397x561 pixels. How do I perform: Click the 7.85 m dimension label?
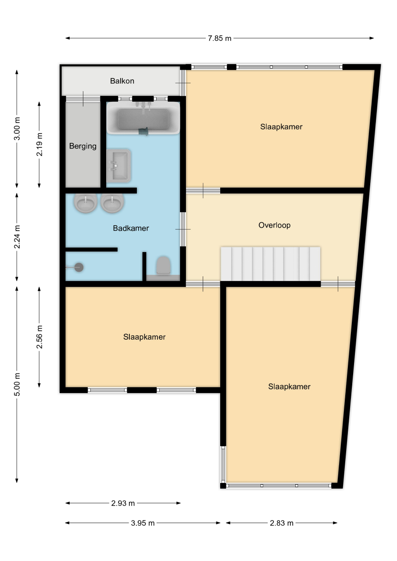click(219, 38)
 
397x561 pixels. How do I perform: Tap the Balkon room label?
click(122, 81)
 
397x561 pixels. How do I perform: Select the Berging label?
click(83, 146)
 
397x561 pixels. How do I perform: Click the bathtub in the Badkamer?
click(143, 118)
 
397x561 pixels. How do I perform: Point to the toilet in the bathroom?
click(164, 266)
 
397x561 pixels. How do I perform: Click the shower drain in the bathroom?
click(79, 267)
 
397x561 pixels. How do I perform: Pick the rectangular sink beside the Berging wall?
click(118, 166)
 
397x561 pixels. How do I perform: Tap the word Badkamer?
click(131, 228)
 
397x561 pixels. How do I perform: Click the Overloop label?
click(275, 225)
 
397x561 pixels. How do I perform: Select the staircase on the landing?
click(270, 264)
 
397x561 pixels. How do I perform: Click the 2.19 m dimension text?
click(39, 145)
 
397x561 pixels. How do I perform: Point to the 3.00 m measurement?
click(17, 128)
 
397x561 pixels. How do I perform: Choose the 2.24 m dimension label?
click(17, 237)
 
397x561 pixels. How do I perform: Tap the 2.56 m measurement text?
click(39, 337)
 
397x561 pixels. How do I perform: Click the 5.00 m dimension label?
click(17, 384)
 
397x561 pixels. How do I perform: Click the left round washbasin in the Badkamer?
click(86, 203)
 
